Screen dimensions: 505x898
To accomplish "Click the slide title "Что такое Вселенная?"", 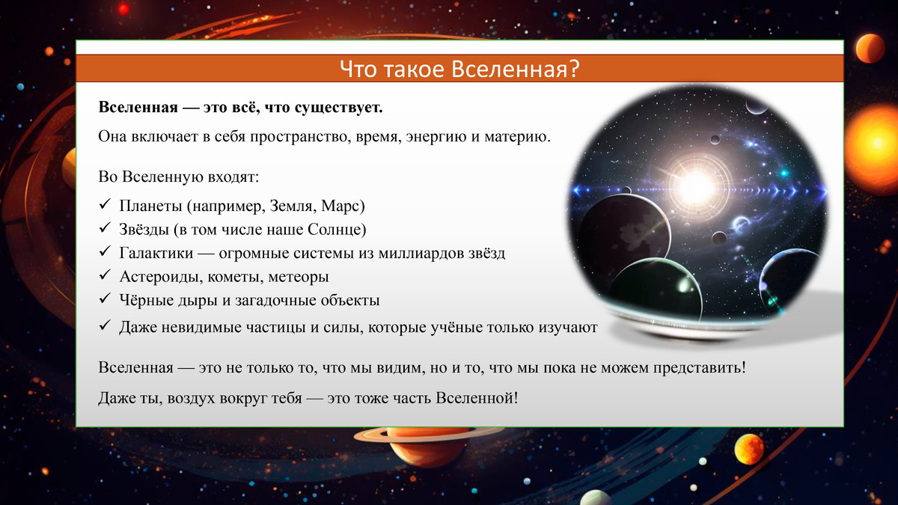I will coord(459,70).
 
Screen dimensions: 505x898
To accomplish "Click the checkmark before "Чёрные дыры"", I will coord(104,301).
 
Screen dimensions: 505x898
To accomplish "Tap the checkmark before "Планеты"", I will coord(104,205).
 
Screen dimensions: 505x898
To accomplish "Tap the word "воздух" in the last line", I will coord(181,397).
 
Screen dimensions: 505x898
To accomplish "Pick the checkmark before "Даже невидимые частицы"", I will coord(104,327).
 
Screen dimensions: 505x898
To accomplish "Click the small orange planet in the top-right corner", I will coord(870,49).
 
